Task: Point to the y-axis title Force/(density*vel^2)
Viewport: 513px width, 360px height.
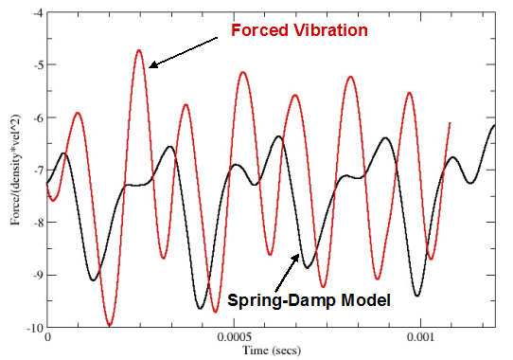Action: [x=10, y=171]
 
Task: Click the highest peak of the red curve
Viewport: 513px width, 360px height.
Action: [x=139, y=49]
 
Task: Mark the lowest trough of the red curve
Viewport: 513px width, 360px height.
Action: [x=110, y=326]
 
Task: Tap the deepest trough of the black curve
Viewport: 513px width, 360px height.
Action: [x=201, y=308]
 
